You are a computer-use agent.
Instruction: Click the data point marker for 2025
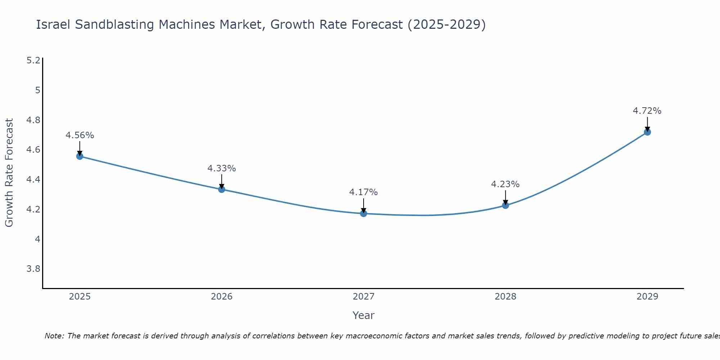(80, 156)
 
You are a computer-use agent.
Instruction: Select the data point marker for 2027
(364, 213)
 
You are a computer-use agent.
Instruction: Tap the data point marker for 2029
(647, 132)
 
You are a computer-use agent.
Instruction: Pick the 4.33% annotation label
(221, 168)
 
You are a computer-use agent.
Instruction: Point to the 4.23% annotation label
(505, 184)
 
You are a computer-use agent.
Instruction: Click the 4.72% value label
(647, 111)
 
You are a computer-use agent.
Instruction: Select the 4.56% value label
(80, 135)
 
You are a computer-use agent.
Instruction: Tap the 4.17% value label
(363, 192)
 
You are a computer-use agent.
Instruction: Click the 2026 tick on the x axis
(221, 297)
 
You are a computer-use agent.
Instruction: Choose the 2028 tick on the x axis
(505, 297)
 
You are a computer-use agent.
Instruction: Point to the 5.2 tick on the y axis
(33, 60)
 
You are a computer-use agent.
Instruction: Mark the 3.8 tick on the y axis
(33, 269)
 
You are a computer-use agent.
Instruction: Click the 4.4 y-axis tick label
(33, 179)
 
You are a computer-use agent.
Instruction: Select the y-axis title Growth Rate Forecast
(9, 173)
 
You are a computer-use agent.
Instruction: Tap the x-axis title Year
(363, 315)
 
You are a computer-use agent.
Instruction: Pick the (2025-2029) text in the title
(446, 24)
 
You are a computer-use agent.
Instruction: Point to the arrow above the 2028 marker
(505, 197)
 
